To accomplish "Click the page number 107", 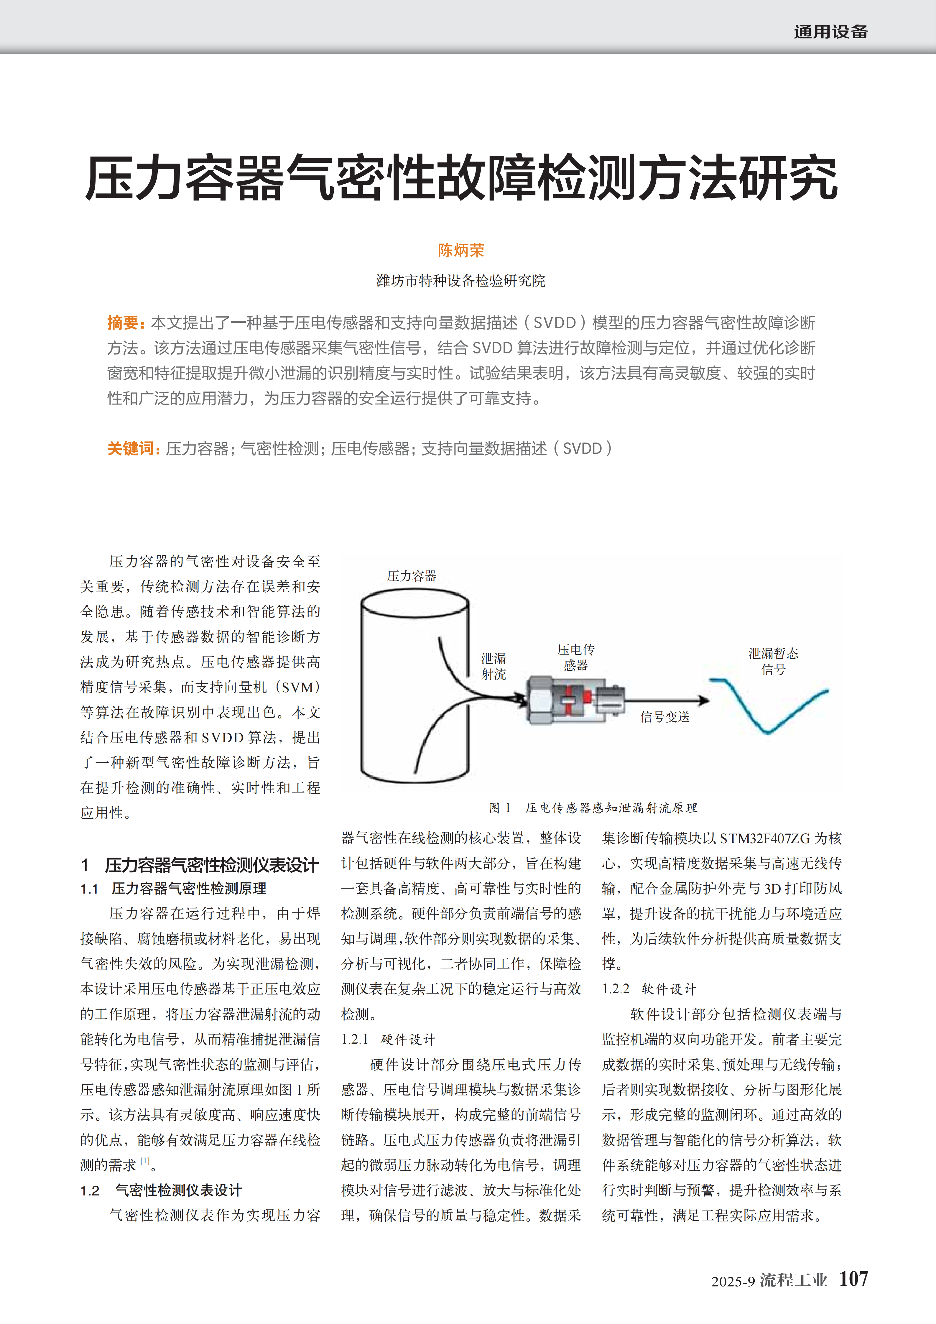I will pyautogui.click(x=853, y=1279).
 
